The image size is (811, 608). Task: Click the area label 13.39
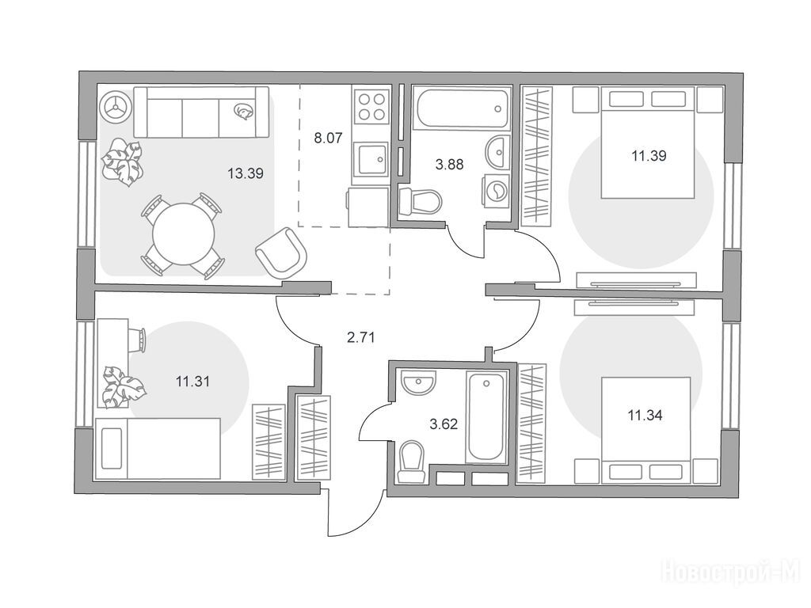point(246,173)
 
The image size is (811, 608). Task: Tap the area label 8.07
point(328,138)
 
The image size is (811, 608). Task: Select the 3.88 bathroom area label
point(450,165)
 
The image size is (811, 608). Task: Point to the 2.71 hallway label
point(360,338)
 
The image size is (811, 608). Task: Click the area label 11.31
point(192,382)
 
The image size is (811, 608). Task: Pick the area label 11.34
point(645,415)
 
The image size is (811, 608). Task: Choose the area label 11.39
point(649,156)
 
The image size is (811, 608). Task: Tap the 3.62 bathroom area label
point(444,425)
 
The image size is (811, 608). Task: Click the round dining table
point(183,234)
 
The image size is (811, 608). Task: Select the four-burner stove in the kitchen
point(371,106)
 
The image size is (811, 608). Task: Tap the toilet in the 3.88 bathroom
point(421,200)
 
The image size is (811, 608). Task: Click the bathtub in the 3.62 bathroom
point(485,417)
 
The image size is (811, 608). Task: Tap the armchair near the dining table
point(281,253)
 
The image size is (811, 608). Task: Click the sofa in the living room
point(201,112)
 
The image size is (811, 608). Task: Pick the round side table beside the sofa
point(114,107)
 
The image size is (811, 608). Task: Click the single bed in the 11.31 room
point(158,448)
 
